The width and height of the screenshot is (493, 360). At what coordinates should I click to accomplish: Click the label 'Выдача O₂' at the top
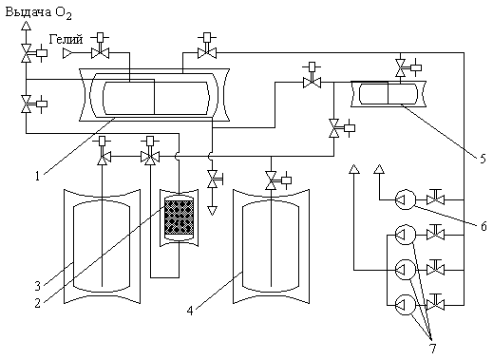(x=39, y=13)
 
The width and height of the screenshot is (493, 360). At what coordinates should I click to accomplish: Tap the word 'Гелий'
(x=66, y=40)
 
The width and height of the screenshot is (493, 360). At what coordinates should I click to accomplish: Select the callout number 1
(x=38, y=176)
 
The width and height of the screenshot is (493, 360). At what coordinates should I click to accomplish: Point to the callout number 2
(x=38, y=303)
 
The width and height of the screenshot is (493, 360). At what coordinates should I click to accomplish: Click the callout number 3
(x=38, y=286)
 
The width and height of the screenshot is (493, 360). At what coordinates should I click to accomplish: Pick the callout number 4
(x=190, y=311)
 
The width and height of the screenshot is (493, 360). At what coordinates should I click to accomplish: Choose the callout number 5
(x=483, y=159)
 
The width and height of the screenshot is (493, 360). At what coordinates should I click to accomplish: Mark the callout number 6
(x=484, y=226)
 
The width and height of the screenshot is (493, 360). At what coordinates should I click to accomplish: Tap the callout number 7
(x=432, y=349)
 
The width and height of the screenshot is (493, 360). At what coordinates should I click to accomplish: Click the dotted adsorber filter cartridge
(x=179, y=218)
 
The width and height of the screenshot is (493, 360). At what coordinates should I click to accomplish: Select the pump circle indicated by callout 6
(x=406, y=199)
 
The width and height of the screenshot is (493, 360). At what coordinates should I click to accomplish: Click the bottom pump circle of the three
(x=406, y=305)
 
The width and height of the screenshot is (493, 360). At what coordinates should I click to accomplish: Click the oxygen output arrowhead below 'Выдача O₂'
(x=26, y=26)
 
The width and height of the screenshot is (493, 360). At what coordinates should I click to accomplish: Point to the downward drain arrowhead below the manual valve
(x=212, y=211)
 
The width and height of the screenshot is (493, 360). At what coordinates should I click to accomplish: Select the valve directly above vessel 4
(x=271, y=180)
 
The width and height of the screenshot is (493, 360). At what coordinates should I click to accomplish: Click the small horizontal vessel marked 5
(x=389, y=94)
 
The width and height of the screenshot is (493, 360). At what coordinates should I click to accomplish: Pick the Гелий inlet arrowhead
(x=67, y=53)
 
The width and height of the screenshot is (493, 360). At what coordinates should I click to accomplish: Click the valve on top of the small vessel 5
(x=401, y=67)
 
